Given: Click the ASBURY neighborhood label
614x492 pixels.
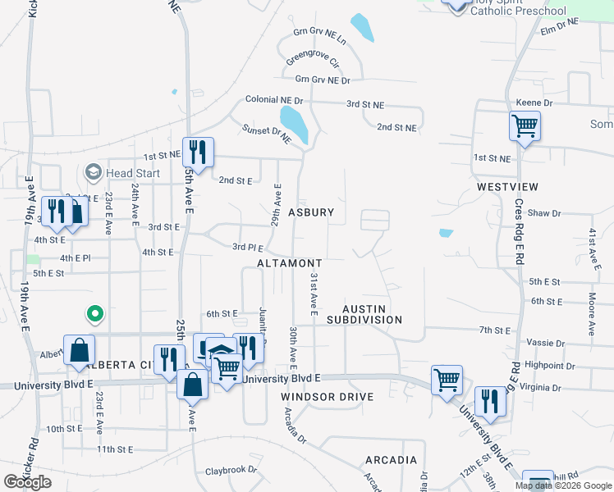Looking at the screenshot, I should point(311,212).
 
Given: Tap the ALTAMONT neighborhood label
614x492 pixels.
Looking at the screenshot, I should point(289,263).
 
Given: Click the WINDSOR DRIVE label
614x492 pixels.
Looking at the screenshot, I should point(328,397).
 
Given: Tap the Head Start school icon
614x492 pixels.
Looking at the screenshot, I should point(93,172).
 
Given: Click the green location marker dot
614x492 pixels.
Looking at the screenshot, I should point(95,313).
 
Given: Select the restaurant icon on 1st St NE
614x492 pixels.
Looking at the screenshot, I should point(198,151).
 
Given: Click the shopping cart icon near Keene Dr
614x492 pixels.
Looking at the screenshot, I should point(524,126).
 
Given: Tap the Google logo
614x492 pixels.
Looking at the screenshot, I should point(28,482).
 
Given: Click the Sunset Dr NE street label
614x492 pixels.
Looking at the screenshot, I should point(267,134).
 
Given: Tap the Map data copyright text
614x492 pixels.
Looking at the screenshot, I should point(562,485).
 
